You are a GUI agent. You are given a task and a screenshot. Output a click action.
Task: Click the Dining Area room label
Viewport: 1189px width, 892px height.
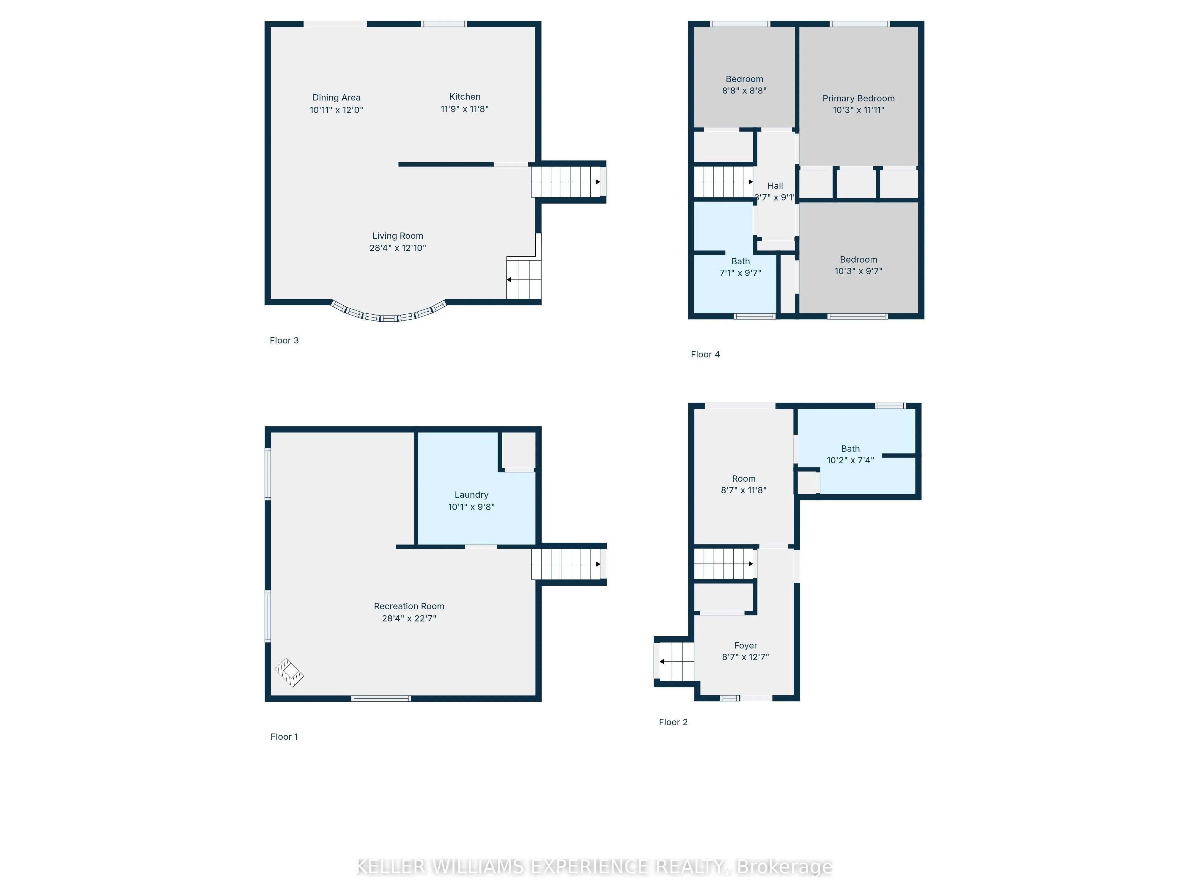[336, 97]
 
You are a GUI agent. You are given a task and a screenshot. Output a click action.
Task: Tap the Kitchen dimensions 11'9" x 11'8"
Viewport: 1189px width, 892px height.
[464, 109]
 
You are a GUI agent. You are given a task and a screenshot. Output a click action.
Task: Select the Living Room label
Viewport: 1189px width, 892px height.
[398, 236]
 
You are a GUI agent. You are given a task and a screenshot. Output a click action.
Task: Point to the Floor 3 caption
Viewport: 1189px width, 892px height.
[284, 340]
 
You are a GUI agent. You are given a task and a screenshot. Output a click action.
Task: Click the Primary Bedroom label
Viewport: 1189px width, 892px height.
[858, 98]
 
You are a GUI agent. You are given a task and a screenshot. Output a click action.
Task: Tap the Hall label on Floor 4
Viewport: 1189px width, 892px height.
[775, 186]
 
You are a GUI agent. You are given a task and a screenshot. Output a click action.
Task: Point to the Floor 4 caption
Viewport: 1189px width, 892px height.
[705, 354]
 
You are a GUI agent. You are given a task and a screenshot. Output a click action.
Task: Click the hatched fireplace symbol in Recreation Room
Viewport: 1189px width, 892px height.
[289, 673]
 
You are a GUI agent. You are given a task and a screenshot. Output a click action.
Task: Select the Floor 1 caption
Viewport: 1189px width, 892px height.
[284, 736]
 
